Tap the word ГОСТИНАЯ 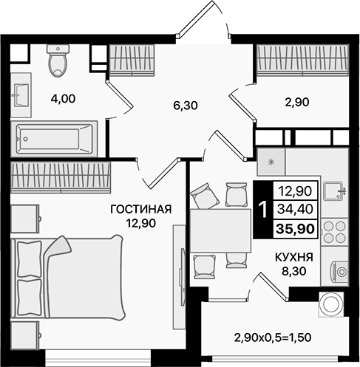click(140, 209)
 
